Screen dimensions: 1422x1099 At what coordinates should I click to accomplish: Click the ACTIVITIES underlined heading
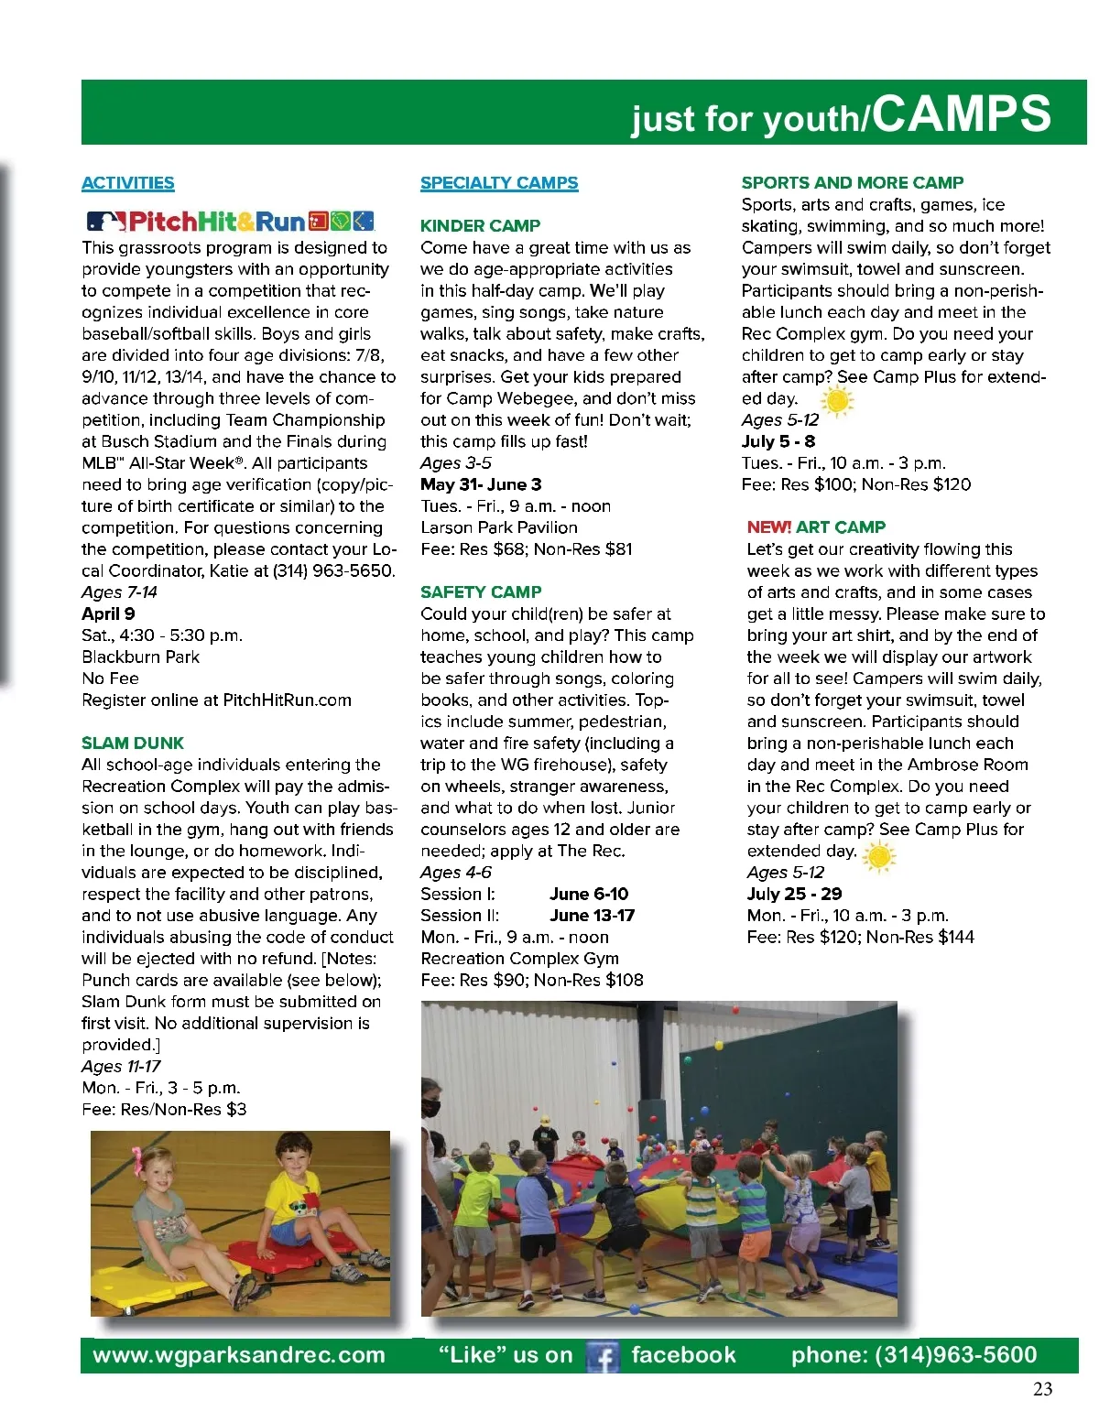coord(127,183)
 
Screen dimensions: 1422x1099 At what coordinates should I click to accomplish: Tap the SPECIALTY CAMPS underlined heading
coord(499,183)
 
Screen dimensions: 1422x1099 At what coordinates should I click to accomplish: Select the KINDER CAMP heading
coord(480,225)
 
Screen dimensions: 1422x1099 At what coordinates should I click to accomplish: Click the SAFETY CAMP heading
coord(481,592)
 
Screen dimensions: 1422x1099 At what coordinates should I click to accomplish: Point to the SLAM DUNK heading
coord(133,743)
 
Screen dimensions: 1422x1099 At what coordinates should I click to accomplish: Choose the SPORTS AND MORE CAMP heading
coord(852,182)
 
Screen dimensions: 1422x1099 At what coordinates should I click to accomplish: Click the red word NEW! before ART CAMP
coord(769,527)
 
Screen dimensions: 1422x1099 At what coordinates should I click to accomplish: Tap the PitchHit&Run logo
coord(230,222)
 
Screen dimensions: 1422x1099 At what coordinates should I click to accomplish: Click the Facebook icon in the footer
coord(602,1356)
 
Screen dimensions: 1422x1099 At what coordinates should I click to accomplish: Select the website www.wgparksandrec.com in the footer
coord(239,1355)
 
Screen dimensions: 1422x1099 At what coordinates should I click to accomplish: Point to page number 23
coord(1042,1389)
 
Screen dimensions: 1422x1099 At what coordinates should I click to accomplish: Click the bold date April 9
coord(108,613)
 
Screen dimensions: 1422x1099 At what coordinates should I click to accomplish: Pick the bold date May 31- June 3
coord(481,484)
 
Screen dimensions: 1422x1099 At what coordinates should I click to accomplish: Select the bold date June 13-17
coord(592,915)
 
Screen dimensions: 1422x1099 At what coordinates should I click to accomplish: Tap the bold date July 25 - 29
coord(794,894)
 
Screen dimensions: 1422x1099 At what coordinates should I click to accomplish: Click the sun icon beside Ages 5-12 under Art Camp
coord(878,856)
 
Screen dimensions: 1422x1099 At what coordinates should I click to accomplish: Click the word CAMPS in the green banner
coord(961,114)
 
